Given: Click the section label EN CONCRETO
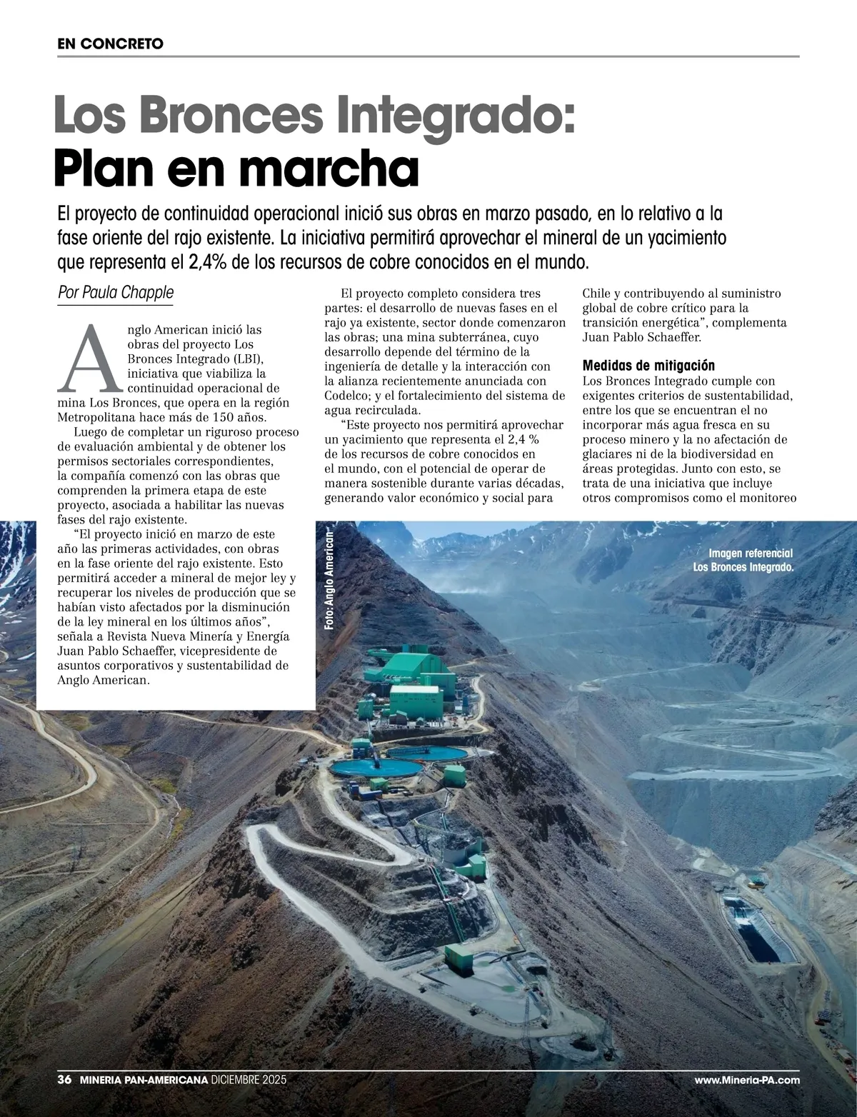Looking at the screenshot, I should [111, 44].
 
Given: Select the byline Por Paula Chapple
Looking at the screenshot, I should [116, 292].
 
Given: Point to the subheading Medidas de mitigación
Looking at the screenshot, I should [648, 366].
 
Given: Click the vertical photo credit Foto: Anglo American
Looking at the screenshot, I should [329, 579].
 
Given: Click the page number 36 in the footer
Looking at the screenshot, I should [64, 1101].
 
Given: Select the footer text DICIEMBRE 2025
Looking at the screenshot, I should [249, 1101].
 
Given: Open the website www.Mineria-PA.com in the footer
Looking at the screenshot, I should [746, 1101].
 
